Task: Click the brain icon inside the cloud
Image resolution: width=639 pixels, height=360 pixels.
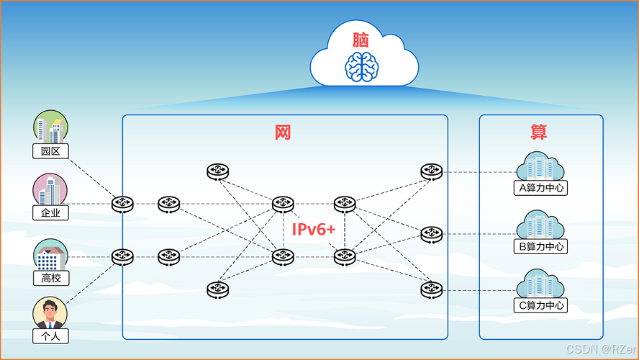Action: click(363, 66)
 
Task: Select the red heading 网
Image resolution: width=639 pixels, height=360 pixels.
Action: click(283, 132)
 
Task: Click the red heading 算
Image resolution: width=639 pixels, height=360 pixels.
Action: click(538, 132)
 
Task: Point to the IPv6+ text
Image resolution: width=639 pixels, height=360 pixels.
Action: click(314, 230)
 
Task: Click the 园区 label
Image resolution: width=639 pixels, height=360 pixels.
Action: click(50, 151)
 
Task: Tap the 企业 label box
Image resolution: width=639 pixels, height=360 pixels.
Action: click(50, 212)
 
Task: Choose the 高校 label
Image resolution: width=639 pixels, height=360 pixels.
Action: click(51, 277)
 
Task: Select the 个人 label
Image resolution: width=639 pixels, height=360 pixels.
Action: click(50, 336)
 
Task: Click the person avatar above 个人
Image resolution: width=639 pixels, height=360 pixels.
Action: click(50, 313)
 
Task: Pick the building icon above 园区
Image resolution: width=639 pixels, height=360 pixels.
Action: click(50, 128)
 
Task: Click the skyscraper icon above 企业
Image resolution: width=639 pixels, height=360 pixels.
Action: click(50, 190)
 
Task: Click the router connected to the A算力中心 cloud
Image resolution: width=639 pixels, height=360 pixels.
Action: click(431, 171)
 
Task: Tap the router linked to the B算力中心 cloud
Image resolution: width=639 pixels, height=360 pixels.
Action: click(431, 233)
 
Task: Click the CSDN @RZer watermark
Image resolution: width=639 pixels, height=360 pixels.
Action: click(600, 349)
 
